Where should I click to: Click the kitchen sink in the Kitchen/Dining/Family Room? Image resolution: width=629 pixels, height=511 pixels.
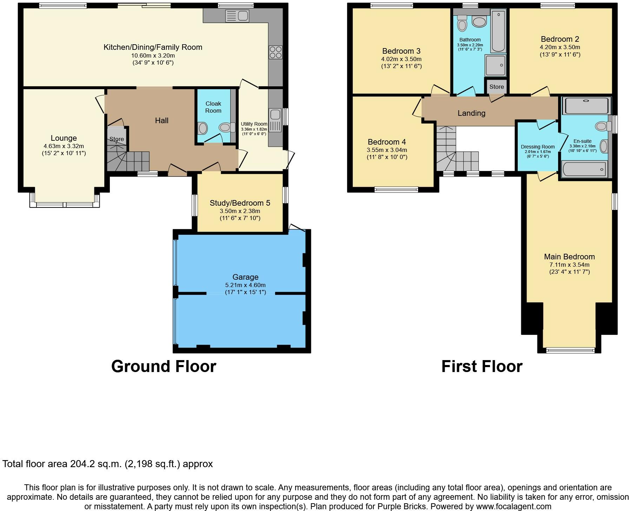[x=237, y=16]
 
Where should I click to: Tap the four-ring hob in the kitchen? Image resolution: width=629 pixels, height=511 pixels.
[x=275, y=52]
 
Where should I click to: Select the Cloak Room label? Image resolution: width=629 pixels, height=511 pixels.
[x=213, y=107]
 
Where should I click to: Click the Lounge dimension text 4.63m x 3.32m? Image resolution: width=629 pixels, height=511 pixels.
[x=64, y=146]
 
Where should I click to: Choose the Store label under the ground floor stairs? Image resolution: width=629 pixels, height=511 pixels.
[x=116, y=139]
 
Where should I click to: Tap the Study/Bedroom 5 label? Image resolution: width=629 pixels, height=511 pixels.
[x=240, y=203]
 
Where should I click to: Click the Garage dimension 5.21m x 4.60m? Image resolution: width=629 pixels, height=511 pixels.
[x=245, y=285]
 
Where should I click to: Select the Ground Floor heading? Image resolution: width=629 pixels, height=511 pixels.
[x=164, y=366]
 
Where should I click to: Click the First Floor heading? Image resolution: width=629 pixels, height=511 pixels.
[x=482, y=366]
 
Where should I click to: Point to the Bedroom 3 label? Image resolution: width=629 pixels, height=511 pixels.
[x=401, y=51]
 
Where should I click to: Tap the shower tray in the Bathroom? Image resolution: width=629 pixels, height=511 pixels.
[x=495, y=65]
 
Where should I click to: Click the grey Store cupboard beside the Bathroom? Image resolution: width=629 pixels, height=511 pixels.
[x=496, y=86]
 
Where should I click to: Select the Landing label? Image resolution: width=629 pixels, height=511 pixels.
[x=471, y=113]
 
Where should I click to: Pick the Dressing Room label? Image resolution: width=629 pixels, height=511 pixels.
[x=537, y=147]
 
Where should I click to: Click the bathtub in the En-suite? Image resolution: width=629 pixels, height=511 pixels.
[x=584, y=169]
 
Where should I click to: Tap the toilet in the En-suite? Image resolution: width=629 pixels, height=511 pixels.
[x=602, y=126]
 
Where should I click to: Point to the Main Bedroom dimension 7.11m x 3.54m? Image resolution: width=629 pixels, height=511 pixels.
[x=569, y=265]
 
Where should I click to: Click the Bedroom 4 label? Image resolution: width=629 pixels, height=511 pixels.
[x=387, y=142]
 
